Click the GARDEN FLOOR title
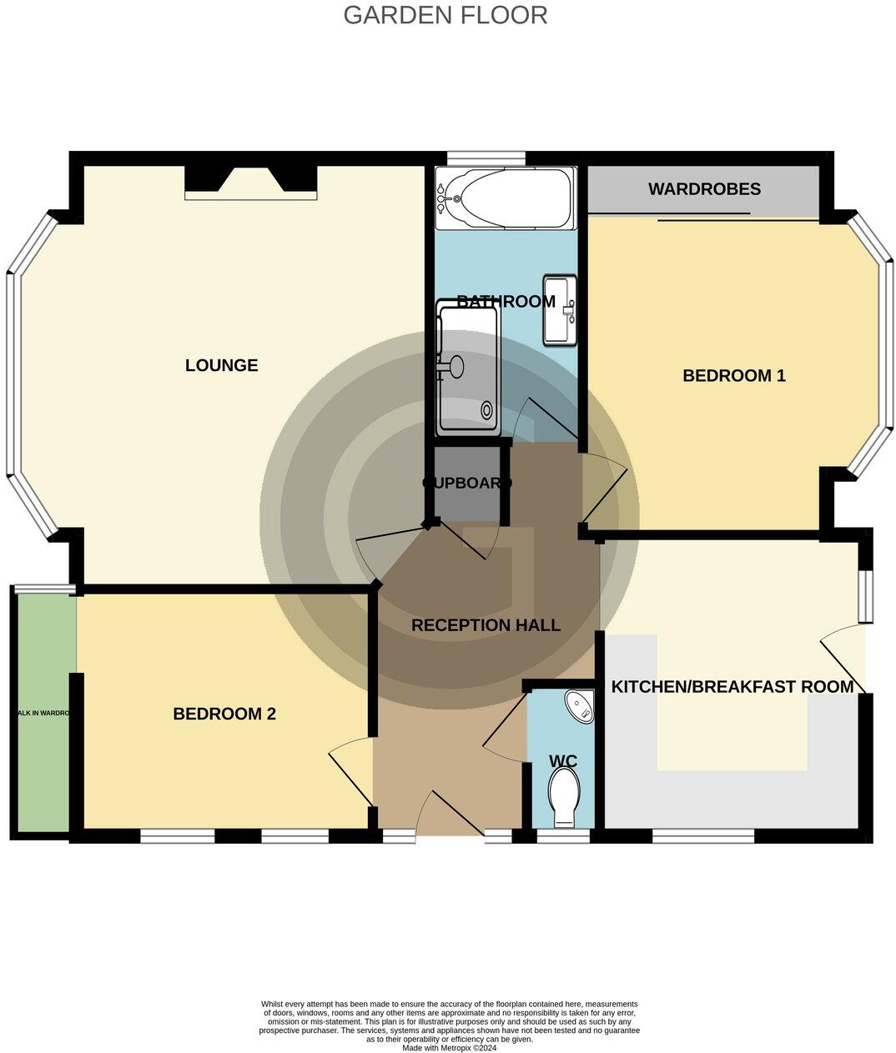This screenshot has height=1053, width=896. (445, 15)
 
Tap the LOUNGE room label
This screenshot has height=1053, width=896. (221, 365)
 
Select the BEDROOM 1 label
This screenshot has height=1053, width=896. (734, 375)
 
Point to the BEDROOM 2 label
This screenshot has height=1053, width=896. (224, 714)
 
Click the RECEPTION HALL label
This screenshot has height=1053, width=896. (486, 624)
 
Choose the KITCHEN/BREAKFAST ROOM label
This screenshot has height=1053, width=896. (732, 687)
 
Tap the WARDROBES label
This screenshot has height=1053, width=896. (704, 188)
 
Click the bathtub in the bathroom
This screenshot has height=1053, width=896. (505, 198)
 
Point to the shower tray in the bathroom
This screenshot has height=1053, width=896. (467, 370)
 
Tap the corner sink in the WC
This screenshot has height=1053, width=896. (581, 705)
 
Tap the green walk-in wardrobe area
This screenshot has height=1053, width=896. (42, 714)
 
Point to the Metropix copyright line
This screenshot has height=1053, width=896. (449, 1048)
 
